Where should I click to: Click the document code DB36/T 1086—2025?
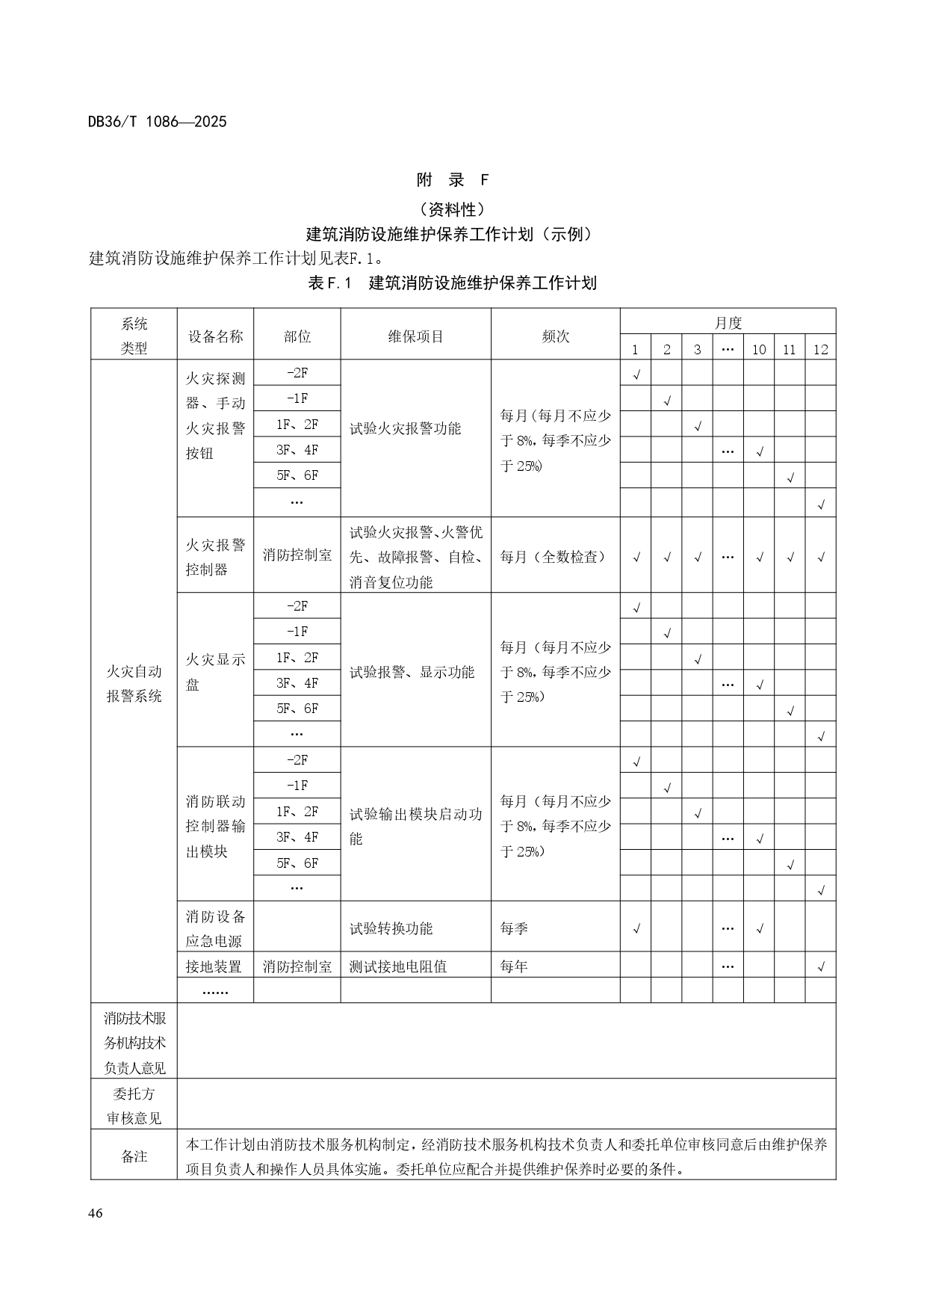click(157, 121)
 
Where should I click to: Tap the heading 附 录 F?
click(452, 179)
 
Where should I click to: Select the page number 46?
click(95, 1212)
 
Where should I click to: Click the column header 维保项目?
click(415, 336)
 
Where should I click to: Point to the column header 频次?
click(555, 336)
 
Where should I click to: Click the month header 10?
click(758, 349)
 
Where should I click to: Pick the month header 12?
click(820, 349)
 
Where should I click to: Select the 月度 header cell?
click(728, 323)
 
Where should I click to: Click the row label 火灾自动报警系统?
click(134, 683)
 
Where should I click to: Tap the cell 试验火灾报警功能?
click(406, 429)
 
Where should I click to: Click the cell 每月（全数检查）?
click(553, 557)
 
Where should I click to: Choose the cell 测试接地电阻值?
click(398, 966)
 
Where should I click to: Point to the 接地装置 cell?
click(214, 966)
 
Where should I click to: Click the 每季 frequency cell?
click(514, 928)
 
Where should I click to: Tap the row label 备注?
click(134, 1156)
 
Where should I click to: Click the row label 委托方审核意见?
click(134, 1105)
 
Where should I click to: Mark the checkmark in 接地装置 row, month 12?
click(821, 967)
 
